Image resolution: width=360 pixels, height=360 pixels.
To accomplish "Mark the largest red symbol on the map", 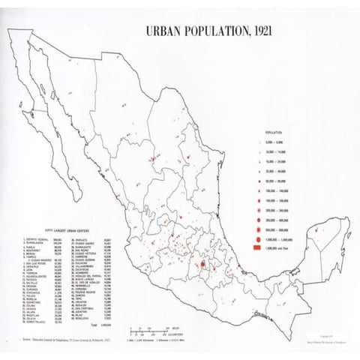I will coord(202,265).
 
